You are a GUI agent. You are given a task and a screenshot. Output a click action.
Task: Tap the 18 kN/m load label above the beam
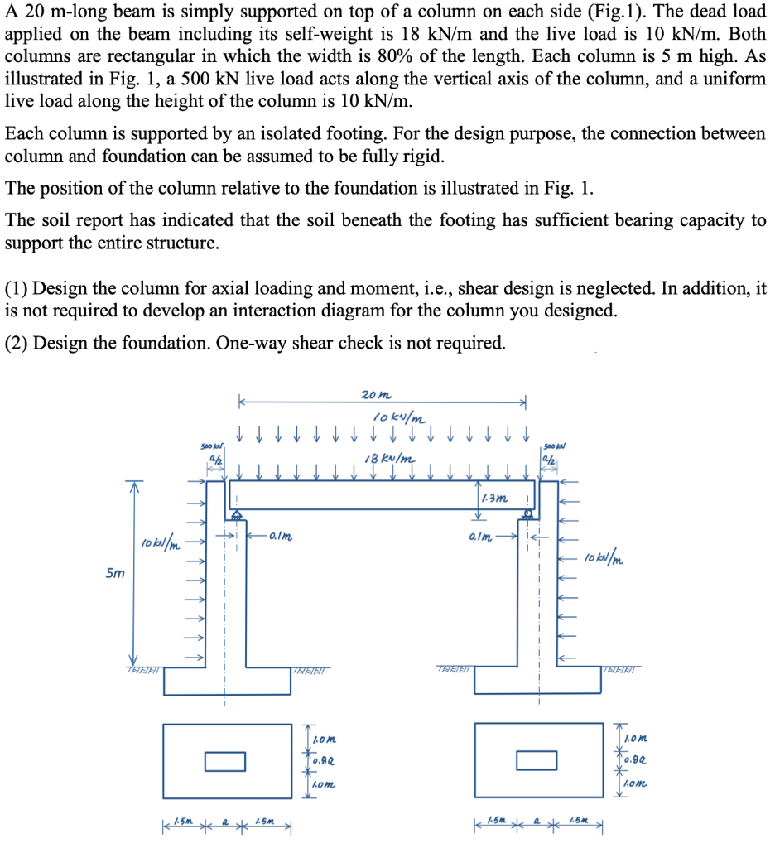click(x=390, y=459)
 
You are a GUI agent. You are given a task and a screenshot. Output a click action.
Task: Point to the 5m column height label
click(x=111, y=572)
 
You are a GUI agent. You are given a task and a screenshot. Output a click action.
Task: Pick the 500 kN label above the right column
click(x=550, y=448)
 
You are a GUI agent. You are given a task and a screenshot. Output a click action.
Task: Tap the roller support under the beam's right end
click(x=527, y=515)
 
